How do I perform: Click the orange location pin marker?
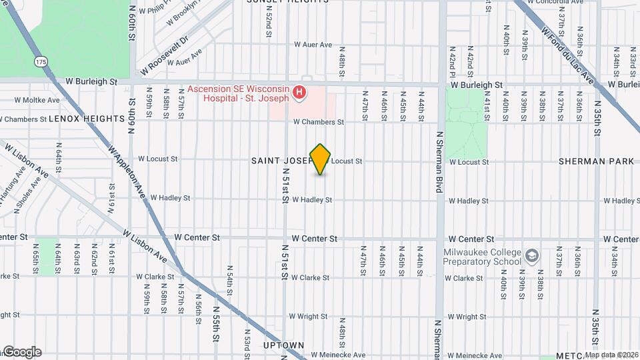coord(321,159)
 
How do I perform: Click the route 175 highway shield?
coord(41,61)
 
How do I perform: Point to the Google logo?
coord(21,351)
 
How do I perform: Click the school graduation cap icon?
coord(531,256)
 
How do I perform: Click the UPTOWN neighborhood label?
coord(284,345)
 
